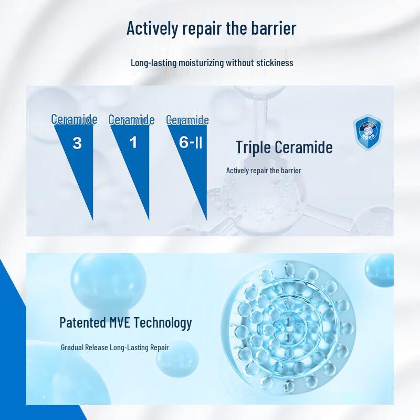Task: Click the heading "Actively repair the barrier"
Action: tap(212, 28)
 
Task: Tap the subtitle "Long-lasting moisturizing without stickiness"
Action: tap(212, 63)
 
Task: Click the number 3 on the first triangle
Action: tap(77, 143)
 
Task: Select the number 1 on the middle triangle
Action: tap(133, 142)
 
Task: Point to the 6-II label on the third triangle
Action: tap(190, 143)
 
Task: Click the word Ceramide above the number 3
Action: tap(74, 120)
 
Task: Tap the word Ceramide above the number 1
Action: tap(131, 120)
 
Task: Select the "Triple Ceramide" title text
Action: tap(283, 148)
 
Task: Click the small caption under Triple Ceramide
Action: tap(264, 171)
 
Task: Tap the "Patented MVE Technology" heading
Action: tap(125, 322)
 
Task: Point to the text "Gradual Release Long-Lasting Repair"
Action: tap(114, 348)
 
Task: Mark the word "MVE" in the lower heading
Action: tap(120, 322)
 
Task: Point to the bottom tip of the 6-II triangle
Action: tap(206, 219)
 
